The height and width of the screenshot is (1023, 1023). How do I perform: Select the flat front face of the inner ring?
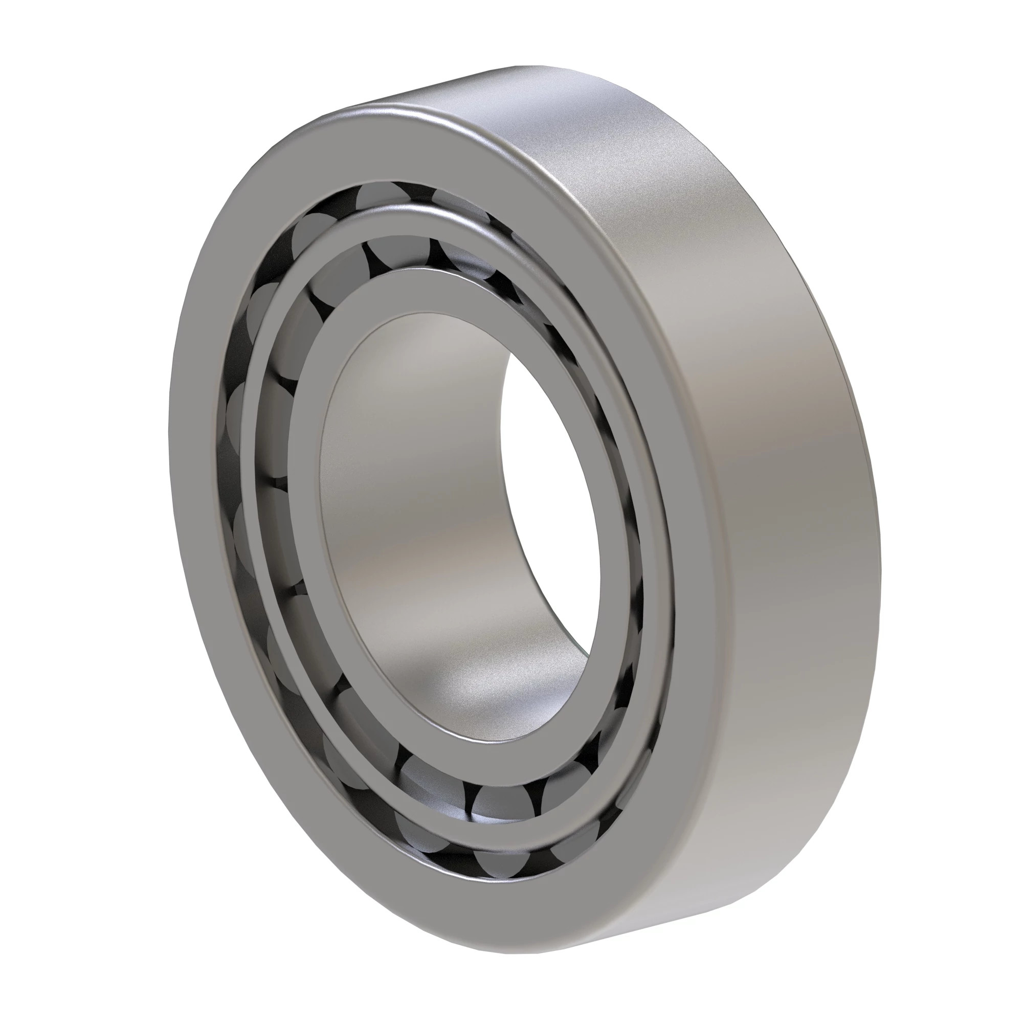click(318, 529)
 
